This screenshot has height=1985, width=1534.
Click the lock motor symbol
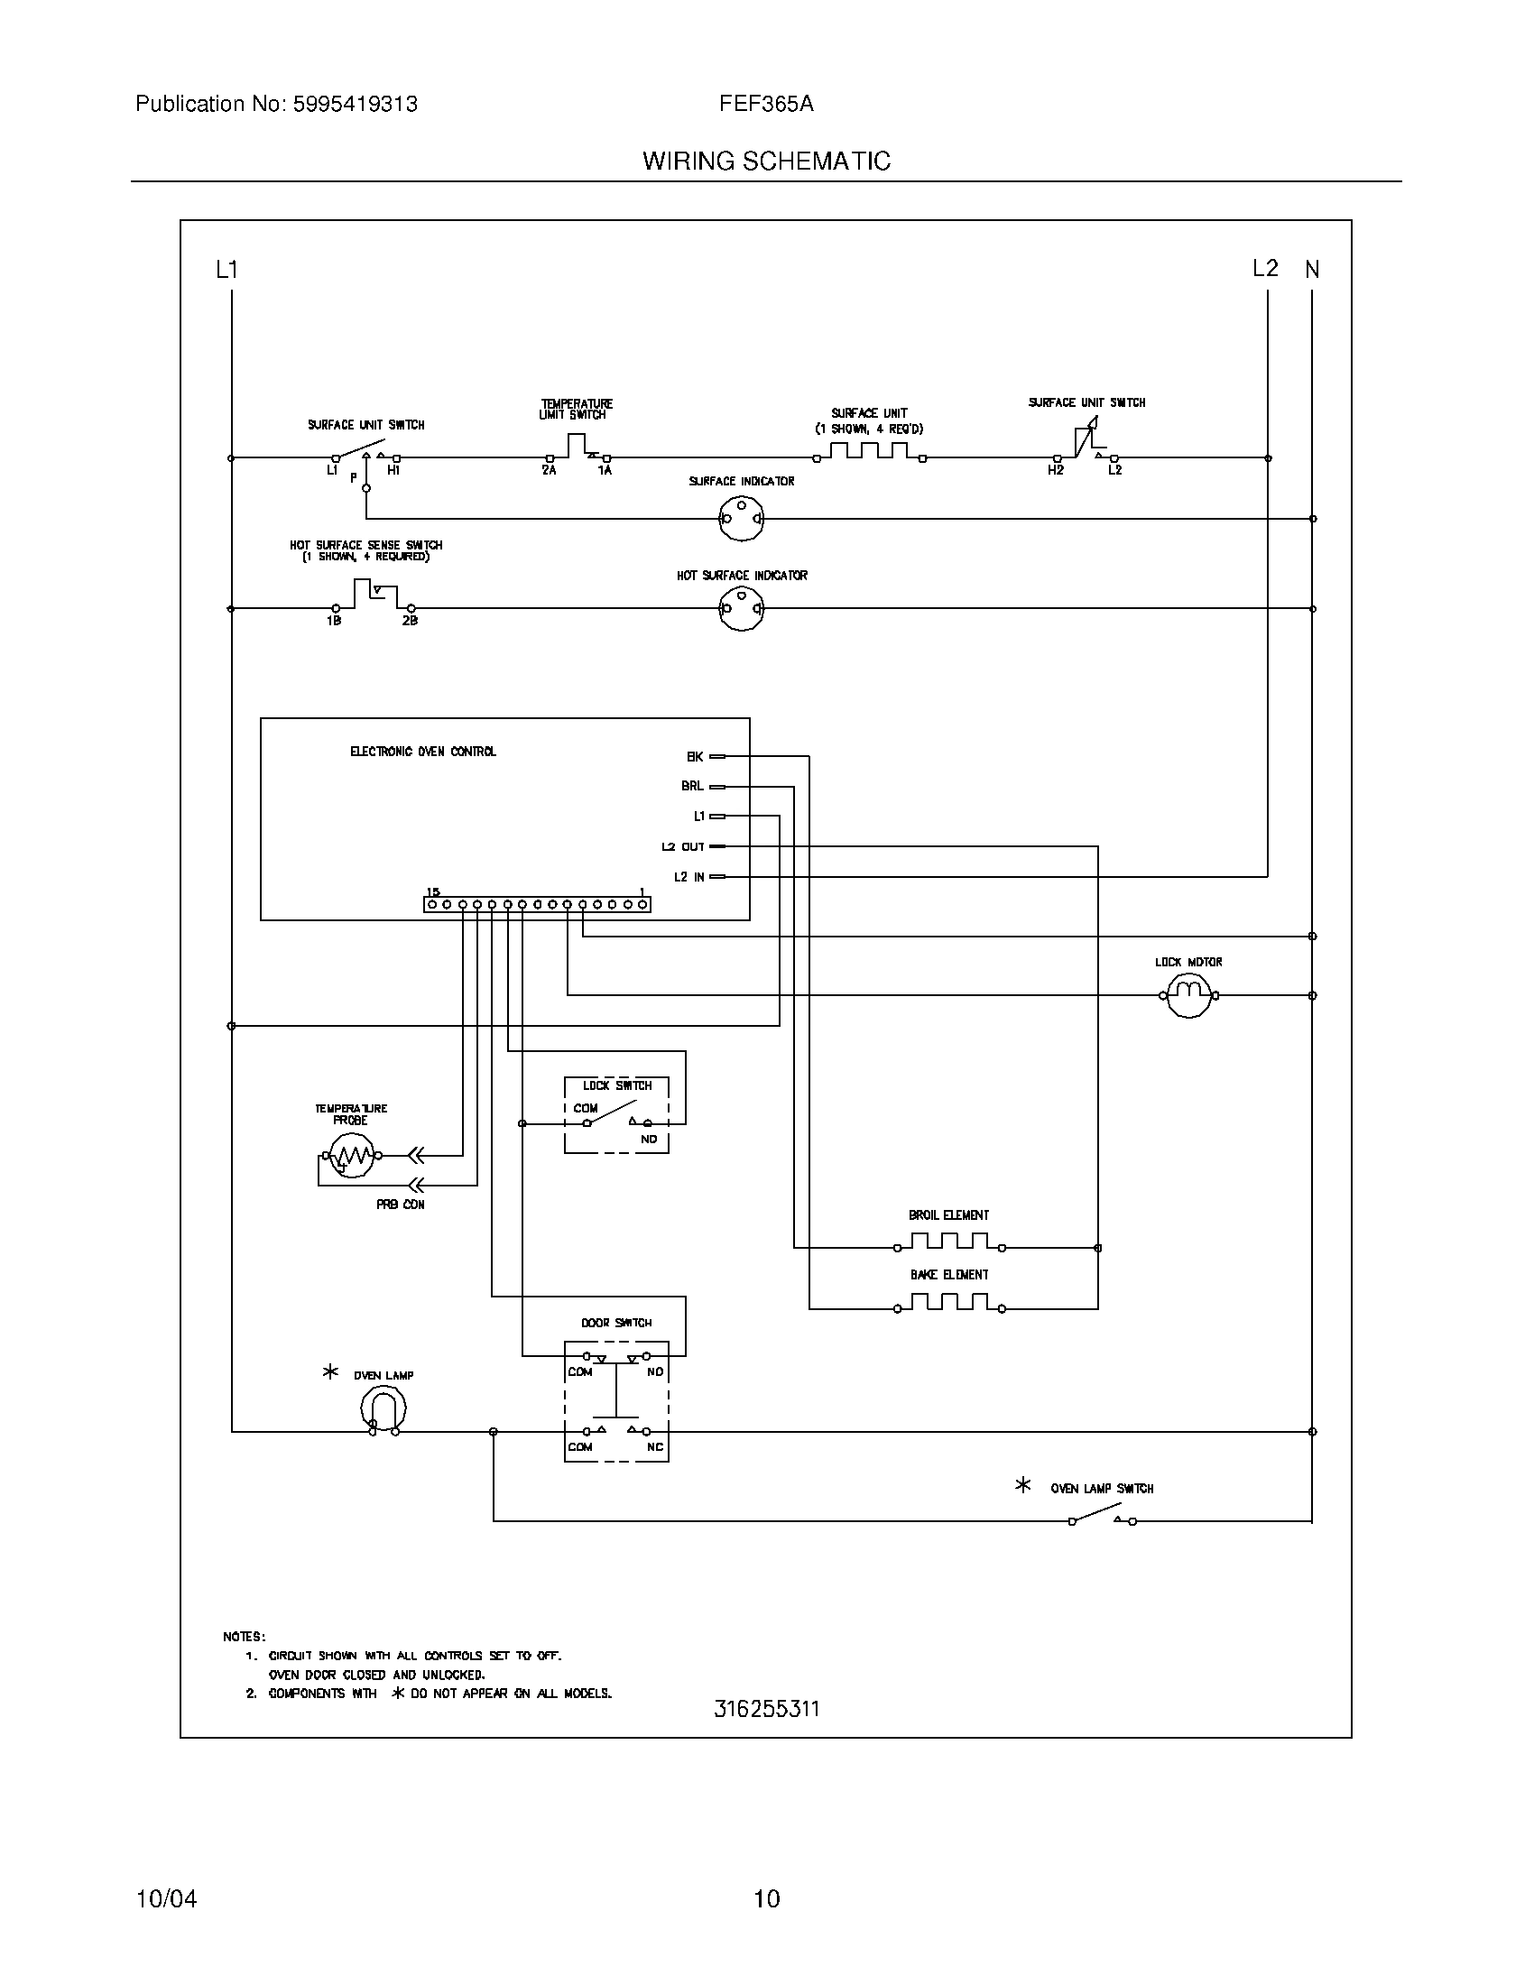pyautogui.click(x=1188, y=995)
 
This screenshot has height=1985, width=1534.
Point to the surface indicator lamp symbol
pyautogui.click(x=741, y=520)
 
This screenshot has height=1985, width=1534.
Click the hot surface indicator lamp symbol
pyautogui.click(x=741, y=608)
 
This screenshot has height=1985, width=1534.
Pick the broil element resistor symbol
pyautogui.click(x=948, y=1242)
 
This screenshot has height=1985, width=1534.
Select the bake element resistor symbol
pyautogui.click(x=948, y=1304)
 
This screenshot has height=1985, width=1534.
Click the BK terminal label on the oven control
pyautogui.click(x=694, y=756)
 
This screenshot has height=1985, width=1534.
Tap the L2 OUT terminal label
pyautogui.click(x=682, y=846)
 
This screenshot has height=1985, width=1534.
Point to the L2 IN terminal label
pyautogui.click(x=688, y=877)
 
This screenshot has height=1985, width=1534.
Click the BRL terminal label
pyautogui.click(x=692, y=786)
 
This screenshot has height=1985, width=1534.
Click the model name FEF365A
pyautogui.click(x=766, y=105)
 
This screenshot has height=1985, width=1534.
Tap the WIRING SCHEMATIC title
pyautogui.click(x=766, y=161)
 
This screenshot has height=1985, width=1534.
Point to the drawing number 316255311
pyautogui.click(x=766, y=1709)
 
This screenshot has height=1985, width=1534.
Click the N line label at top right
pyautogui.click(x=1311, y=269)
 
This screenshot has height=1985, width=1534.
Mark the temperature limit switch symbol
pyautogui.click(x=578, y=448)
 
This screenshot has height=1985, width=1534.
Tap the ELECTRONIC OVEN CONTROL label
pyautogui.click(x=422, y=752)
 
